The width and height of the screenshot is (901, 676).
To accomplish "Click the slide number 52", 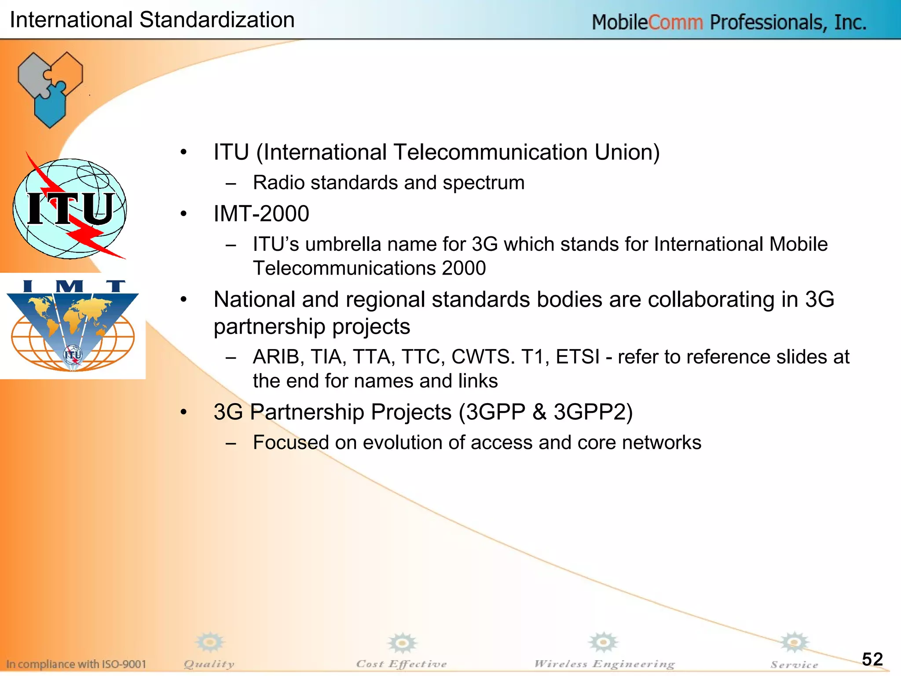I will (872, 659).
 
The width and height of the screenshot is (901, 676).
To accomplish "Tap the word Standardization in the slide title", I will (216, 20).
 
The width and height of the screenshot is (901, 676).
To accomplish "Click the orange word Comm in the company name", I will (675, 22).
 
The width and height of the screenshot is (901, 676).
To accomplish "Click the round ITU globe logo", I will (70, 208).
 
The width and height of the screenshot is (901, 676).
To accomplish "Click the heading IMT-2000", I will (261, 214).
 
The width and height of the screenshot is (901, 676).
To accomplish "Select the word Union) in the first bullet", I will (627, 152).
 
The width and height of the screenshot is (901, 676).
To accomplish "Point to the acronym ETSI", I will (577, 357).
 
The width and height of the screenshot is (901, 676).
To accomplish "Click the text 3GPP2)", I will (593, 412).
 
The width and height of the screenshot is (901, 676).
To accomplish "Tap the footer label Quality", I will (209, 664).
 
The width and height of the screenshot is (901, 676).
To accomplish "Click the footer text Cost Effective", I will (401, 664).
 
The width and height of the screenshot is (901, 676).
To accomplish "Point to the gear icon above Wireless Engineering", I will (603, 643).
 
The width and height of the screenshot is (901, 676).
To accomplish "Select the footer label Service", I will (794, 665).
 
